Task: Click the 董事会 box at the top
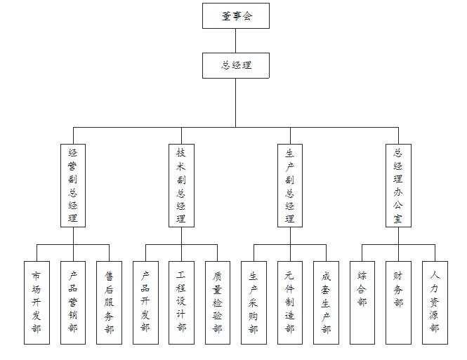(x=236, y=15)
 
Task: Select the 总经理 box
(x=236, y=65)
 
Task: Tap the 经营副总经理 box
(x=73, y=185)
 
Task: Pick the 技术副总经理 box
(x=181, y=185)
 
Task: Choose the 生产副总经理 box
(x=290, y=185)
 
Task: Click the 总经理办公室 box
(x=398, y=185)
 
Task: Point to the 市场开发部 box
(x=37, y=302)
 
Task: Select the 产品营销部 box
(x=73, y=302)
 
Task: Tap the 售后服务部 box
(x=109, y=302)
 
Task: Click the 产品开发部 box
(x=145, y=302)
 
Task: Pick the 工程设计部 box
(x=181, y=302)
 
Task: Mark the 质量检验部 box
(x=218, y=302)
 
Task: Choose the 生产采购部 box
(x=254, y=302)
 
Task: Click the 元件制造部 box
(x=290, y=302)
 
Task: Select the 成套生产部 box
(x=326, y=302)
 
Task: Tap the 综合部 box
(x=362, y=302)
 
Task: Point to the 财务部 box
(x=398, y=302)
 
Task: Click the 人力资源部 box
(x=435, y=302)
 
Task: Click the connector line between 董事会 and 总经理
(x=236, y=41)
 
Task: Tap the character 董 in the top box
(x=226, y=16)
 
